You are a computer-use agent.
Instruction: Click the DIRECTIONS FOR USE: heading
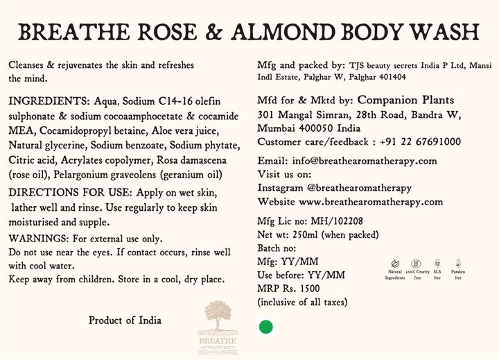[x=70, y=191]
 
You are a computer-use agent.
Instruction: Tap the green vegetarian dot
[x=265, y=327]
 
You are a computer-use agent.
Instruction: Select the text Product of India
[x=125, y=320]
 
